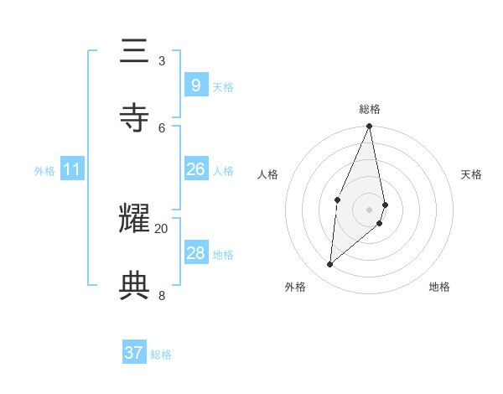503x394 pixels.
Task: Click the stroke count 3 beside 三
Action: point(162,60)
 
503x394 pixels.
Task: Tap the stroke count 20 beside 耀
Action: point(162,228)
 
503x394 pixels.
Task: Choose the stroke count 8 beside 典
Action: point(162,294)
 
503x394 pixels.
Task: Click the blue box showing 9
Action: point(195,86)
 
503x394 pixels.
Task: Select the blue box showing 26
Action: point(195,169)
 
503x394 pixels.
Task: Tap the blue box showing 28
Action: point(195,253)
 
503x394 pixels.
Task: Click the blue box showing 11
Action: point(72,169)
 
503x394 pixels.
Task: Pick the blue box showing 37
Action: point(134,353)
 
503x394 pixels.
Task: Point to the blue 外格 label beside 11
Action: point(44,171)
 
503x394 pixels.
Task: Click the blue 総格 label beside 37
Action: point(161,355)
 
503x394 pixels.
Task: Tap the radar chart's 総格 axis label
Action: point(370,109)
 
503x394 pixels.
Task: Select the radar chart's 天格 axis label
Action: point(471,174)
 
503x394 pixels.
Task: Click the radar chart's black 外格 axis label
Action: point(295,287)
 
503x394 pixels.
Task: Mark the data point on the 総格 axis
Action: point(370,127)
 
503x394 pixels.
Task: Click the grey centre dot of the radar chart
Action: point(370,209)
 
